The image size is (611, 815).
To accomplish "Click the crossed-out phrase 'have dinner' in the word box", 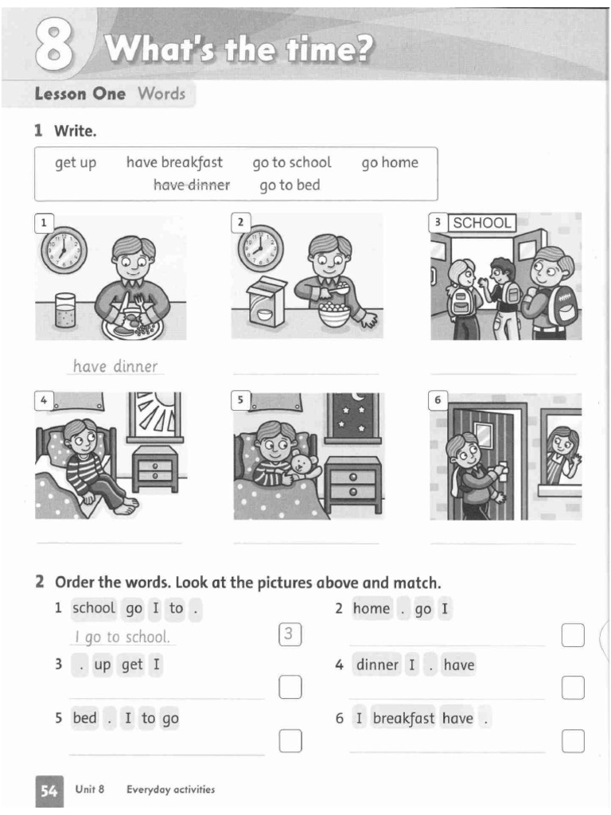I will (x=191, y=185).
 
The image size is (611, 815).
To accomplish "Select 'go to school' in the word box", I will (x=291, y=162).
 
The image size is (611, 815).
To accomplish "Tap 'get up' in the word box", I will (x=75, y=162).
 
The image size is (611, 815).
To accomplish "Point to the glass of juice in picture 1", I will (x=65, y=310).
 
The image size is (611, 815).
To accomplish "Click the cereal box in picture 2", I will (x=267, y=303).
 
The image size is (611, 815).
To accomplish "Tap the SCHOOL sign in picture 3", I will (x=482, y=223).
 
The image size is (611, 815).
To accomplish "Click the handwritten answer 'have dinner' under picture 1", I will (x=115, y=366).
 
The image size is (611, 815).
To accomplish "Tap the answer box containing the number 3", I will (x=290, y=634).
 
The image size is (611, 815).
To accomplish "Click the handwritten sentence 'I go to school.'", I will (x=122, y=637).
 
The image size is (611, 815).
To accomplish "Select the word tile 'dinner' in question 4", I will (x=377, y=665).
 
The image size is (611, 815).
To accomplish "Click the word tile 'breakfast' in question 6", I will (x=403, y=719).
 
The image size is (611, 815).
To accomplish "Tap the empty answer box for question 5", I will (x=290, y=741).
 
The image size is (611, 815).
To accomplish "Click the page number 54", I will (x=49, y=790).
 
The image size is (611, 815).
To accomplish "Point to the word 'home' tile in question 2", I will (x=372, y=609).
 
